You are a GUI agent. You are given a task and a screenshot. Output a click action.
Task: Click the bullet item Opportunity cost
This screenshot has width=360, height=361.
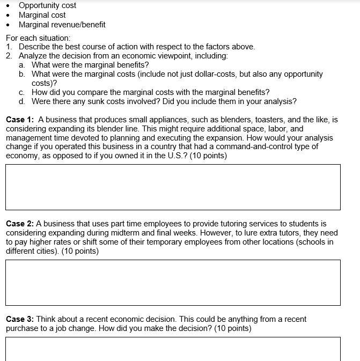[47, 5]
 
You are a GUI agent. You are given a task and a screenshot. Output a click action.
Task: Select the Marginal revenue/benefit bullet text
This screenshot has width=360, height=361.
[62, 25]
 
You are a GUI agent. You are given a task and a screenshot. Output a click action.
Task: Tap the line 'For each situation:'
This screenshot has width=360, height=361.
[38, 38]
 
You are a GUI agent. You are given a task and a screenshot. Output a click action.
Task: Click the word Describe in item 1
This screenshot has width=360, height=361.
[35, 47]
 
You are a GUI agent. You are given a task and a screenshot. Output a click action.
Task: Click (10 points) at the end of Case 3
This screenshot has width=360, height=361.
[232, 328]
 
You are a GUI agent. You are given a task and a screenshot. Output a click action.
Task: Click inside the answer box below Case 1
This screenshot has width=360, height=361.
[173, 187]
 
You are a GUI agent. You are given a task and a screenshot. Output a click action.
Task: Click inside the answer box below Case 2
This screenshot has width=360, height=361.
[173, 283]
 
